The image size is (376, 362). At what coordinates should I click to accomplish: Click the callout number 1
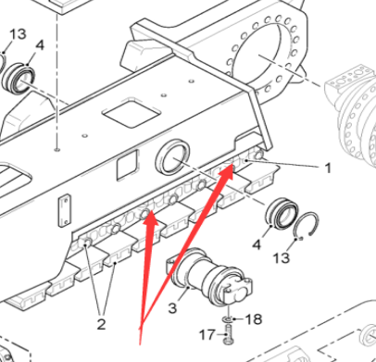327,169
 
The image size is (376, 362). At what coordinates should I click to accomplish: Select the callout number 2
102,324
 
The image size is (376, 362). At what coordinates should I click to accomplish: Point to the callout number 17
209,334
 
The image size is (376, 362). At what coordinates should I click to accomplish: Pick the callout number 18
253,318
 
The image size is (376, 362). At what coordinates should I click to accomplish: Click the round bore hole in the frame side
173,158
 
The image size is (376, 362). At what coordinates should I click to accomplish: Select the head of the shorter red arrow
148,217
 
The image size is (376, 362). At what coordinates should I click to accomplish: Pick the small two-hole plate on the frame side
65,210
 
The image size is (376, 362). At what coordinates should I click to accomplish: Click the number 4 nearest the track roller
257,244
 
